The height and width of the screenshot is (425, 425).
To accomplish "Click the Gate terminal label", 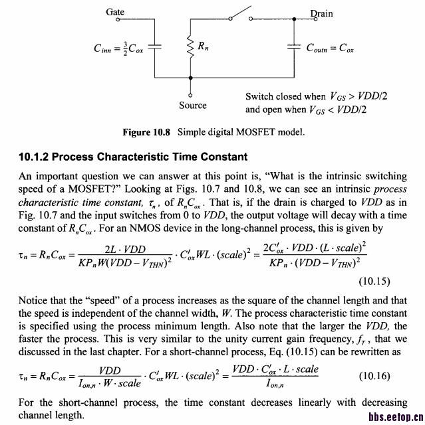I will coord(115,13).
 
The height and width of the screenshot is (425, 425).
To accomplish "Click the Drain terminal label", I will coord(321,13).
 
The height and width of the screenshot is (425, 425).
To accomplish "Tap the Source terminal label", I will coord(193,106).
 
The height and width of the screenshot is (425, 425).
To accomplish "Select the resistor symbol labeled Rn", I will coord(190,46).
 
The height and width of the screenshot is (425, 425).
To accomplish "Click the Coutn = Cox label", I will coord(330,48).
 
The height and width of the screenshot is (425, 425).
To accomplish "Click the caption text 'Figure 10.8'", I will coord(146,132).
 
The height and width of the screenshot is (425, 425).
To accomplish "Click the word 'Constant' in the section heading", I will coord(223,157).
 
